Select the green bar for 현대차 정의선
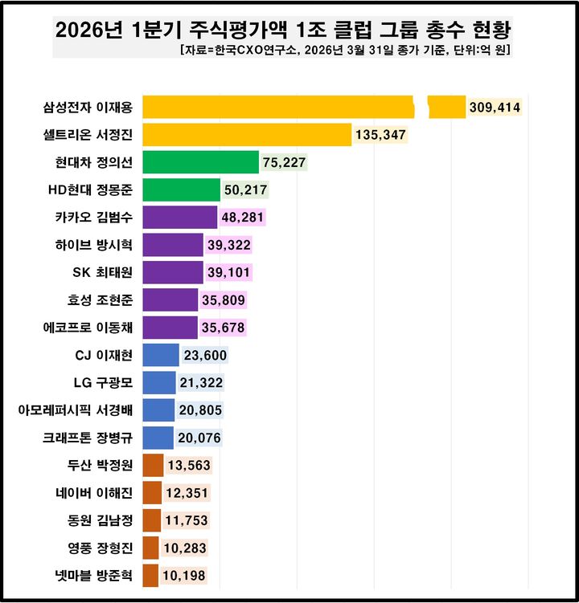tap(200, 163)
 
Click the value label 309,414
tap(495, 107)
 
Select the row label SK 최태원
tap(103, 273)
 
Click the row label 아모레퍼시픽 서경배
tap(76, 410)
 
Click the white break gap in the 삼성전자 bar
tap(421, 107)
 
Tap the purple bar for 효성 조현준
tap(170, 300)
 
